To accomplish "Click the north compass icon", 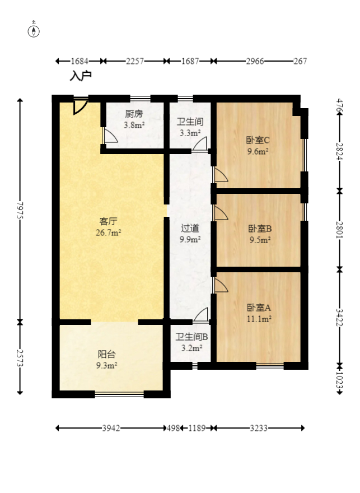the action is (34, 31).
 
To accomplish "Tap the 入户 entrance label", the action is (81, 76).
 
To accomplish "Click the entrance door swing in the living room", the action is (80, 107).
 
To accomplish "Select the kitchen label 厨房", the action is (134, 114).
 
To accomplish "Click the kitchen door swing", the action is (110, 135).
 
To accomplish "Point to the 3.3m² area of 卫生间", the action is (190, 133).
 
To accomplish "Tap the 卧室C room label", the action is (258, 140).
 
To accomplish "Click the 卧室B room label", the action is (260, 229).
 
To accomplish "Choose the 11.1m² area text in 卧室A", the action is (259, 319).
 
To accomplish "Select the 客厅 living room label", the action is (109, 221).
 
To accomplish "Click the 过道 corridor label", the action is (190, 228).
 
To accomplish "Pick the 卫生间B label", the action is (191, 337).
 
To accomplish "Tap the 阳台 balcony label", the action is (107, 354).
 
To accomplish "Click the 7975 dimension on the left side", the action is (20, 210).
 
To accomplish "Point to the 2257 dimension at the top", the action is (135, 61).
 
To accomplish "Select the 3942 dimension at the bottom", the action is (111, 428).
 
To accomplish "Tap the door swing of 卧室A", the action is (221, 285).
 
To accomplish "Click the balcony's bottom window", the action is (119, 393).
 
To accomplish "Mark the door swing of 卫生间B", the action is (201, 314).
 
